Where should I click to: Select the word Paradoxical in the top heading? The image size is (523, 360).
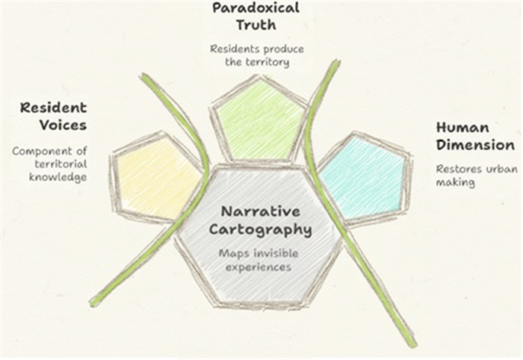(x=256, y=8)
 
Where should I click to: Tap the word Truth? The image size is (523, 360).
(x=256, y=25)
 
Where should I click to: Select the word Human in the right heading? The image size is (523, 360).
(x=462, y=128)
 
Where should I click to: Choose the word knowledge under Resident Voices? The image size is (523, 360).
(x=58, y=178)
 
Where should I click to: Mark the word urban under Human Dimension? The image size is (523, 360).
(x=496, y=168)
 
